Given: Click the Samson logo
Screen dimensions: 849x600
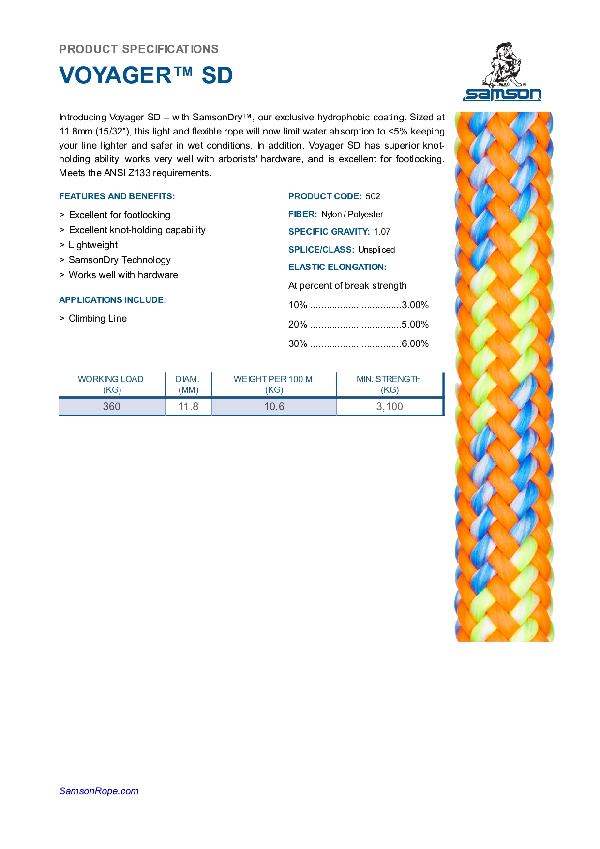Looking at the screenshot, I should [x=502, y=72].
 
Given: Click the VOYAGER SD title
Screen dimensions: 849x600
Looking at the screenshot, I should [x=146, y=75].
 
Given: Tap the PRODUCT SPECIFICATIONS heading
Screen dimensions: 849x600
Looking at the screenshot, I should [x=139, y=49].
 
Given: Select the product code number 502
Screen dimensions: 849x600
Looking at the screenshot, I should [x=373, y=196].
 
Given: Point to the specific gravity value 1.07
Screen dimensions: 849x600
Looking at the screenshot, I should [x=382, y=232].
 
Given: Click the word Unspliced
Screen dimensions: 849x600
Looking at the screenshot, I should [x=376, y=250].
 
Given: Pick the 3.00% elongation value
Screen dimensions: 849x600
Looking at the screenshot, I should [x=415, y=305].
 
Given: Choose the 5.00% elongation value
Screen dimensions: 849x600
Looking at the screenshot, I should [x=415, y=325].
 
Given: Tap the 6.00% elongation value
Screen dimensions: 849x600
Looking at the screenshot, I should [x=415, y=344].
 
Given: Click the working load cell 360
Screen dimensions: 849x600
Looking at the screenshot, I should [x=111, y=407].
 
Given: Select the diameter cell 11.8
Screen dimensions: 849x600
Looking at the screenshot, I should [x=188, y=407].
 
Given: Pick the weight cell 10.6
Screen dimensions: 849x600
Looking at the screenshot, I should [x=274, y=407].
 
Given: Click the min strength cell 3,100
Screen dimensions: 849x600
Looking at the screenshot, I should [x=390, y=407].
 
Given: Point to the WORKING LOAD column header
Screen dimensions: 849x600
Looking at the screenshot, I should [x=111, y=384].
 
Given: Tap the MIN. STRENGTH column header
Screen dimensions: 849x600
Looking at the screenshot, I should [x=389, y=384].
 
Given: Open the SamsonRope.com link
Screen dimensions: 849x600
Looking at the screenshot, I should [x=99, y=791].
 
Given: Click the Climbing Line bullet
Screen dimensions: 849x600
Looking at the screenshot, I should [x=98, y=318].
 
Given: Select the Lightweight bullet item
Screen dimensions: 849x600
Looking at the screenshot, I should [x=93, y=245].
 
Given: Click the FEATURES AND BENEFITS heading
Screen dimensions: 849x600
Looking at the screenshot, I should [x=117, y=196].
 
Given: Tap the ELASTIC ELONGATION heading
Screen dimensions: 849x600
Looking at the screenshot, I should [x=337, y=267].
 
